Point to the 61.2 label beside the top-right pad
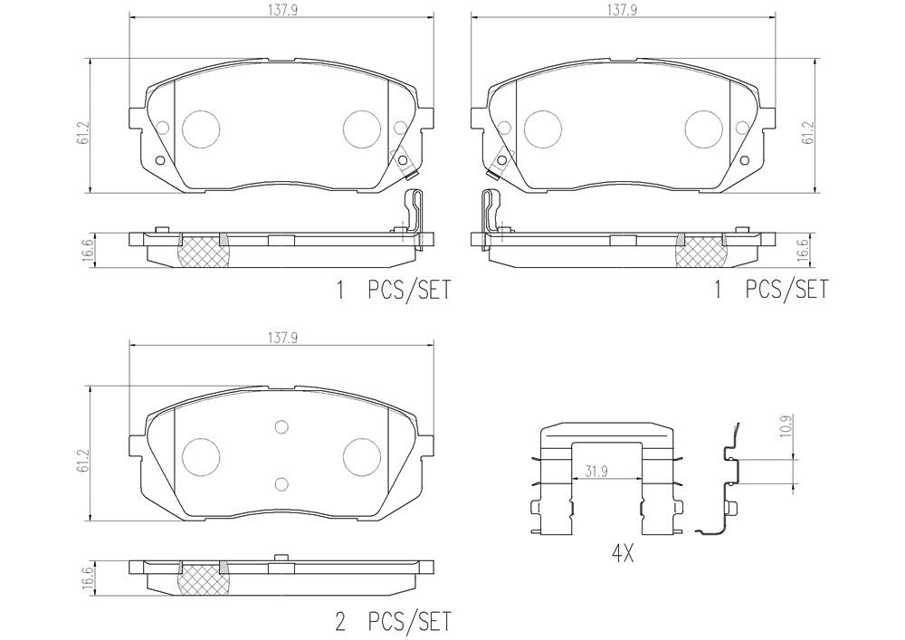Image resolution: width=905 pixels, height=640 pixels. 810,133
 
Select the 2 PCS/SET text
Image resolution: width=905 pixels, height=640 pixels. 393,622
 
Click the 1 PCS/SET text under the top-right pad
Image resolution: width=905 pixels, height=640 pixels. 771,289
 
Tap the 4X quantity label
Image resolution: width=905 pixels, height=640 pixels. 622,555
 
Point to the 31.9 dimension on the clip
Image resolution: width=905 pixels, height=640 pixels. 596,472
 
